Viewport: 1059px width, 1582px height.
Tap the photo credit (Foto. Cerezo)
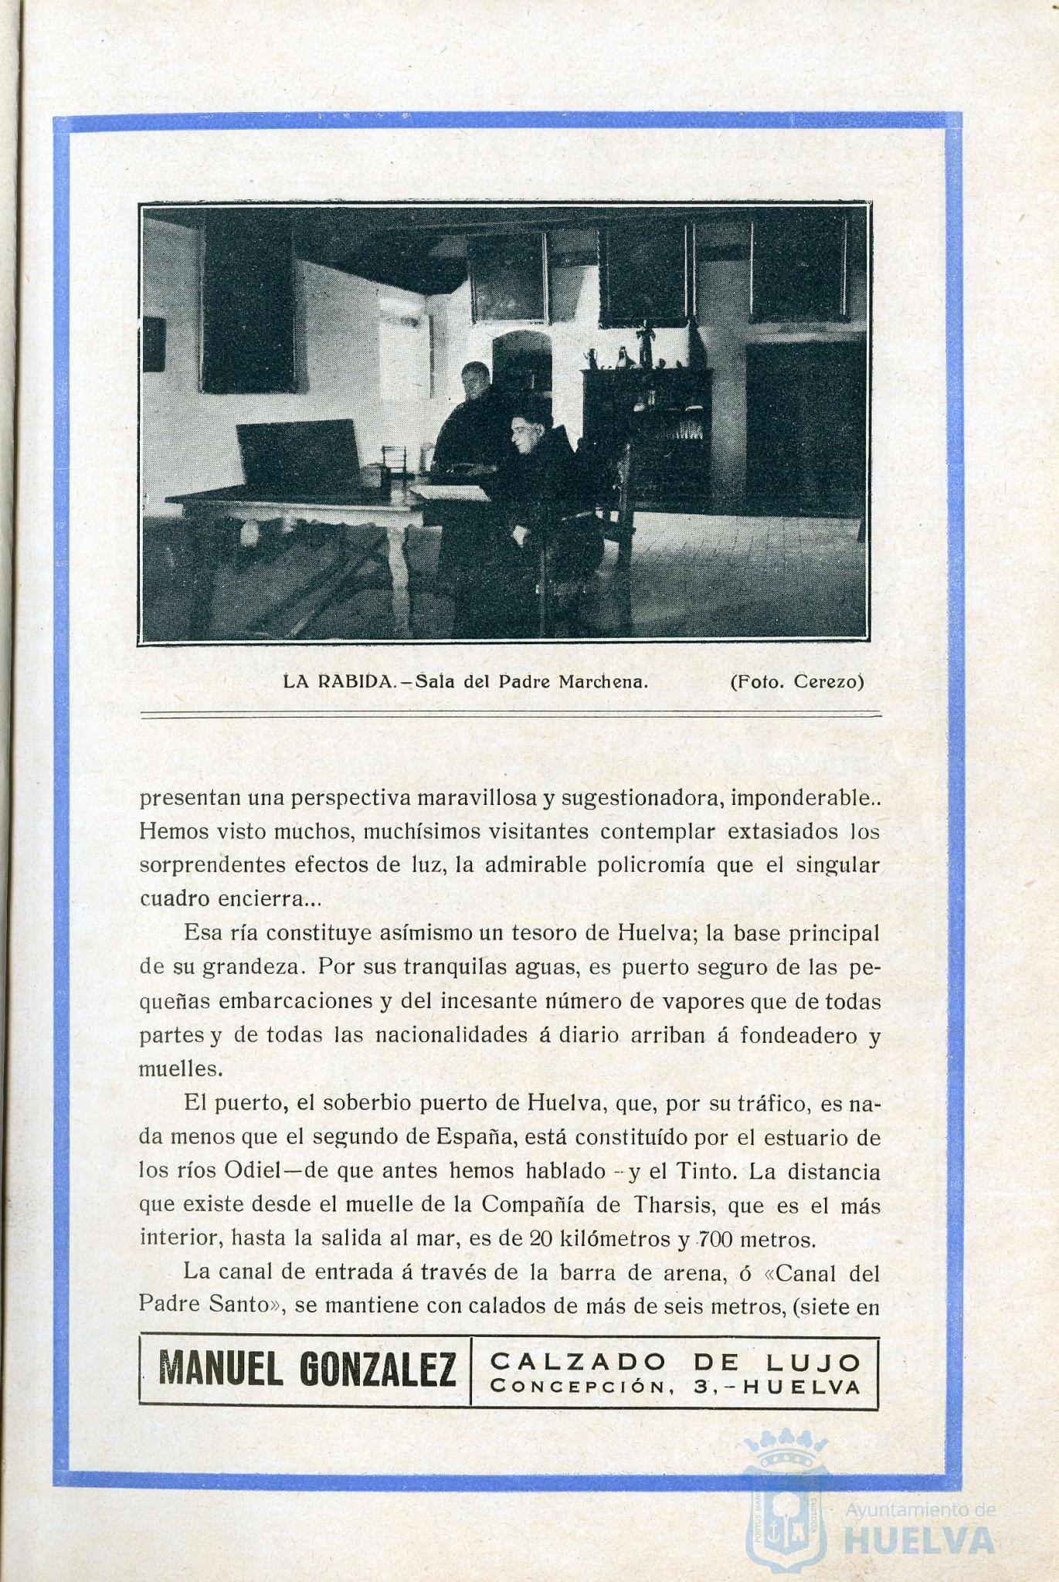[796, 682]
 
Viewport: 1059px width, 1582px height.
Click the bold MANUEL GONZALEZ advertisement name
[307, 1371]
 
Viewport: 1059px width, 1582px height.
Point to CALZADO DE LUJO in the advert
[675, 1360]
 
